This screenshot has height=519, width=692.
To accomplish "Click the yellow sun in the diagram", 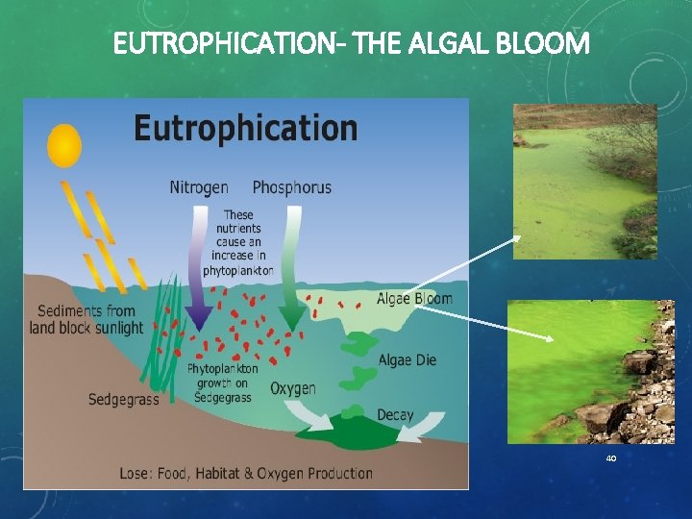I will coord(64,145).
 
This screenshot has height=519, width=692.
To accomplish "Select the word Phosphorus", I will coord(291,186).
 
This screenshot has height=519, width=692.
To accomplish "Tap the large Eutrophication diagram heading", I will coord(245,128).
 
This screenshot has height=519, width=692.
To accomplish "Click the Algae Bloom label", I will coord(414,298).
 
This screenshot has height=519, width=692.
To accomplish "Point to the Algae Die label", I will coord(408,360).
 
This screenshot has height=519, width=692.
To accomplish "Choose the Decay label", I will coord(395,415).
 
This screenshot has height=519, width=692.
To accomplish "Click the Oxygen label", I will coord(293,388).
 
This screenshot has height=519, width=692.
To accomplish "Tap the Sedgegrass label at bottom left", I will coord(123,400).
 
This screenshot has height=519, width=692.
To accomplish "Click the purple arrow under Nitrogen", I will coord(200,288).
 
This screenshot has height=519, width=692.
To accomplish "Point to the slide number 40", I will coord(610,458).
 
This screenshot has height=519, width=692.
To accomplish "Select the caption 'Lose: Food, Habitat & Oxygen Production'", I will coord(245,473).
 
